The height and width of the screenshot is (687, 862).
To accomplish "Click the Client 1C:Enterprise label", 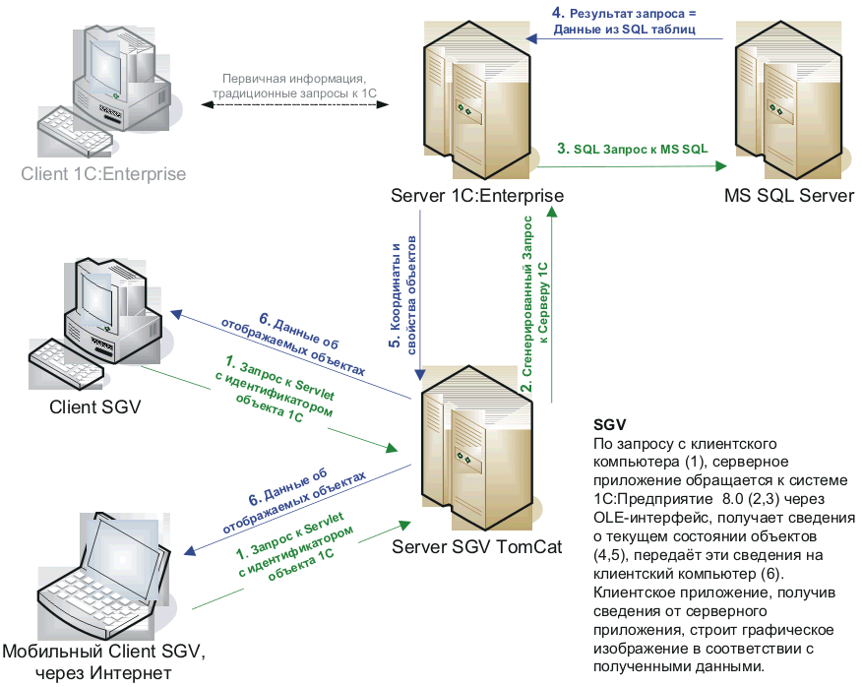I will click(x=103, y=174).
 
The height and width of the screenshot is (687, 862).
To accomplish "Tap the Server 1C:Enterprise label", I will click(x=476, y=195).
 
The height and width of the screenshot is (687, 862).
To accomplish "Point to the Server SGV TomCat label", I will click(x=476, y=546).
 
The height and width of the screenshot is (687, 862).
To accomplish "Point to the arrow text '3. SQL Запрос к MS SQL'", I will click(x=632, y=150).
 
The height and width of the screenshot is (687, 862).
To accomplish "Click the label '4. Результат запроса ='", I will click(x=625, y=15).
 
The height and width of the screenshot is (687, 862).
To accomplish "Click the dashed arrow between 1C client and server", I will click(x=295, y=106).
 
